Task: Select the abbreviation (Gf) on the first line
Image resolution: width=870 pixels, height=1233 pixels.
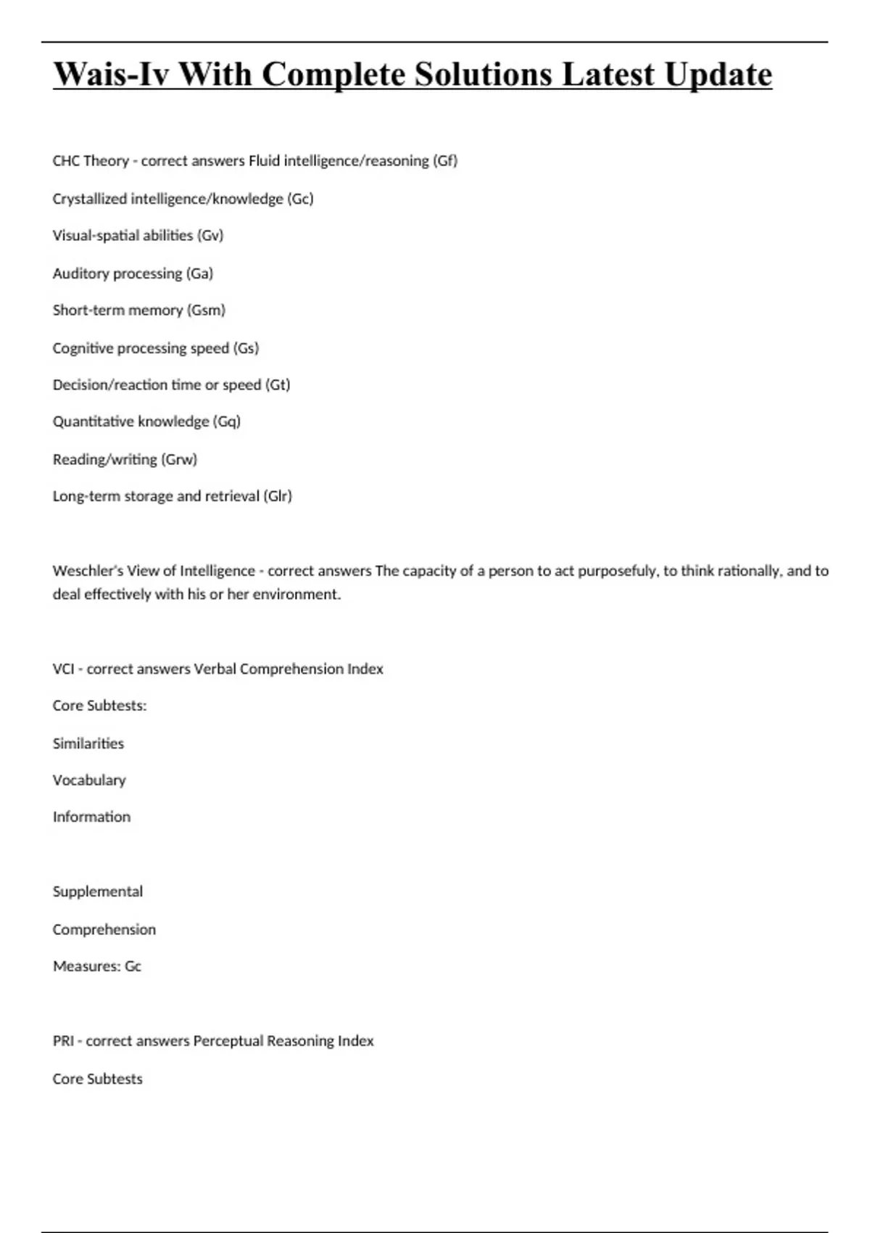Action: [445, 161]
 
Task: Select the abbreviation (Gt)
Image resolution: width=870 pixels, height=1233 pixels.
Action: [278, 385]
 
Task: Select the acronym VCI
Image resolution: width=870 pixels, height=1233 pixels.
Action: [63, 669]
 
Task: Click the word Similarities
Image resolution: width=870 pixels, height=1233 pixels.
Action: [88, 743]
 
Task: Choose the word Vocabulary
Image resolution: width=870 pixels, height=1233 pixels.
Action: [89, 780]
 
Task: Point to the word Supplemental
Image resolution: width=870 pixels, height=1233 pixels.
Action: [98, 891]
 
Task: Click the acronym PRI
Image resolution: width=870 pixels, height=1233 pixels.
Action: [63, 1041]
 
